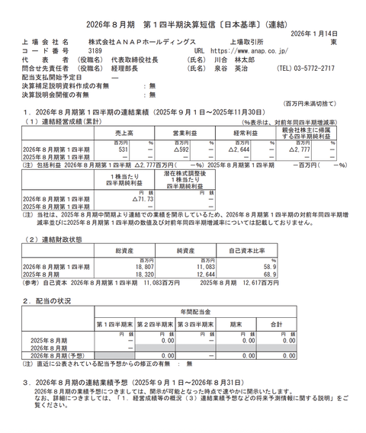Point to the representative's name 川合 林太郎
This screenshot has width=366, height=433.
point(230,59)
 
